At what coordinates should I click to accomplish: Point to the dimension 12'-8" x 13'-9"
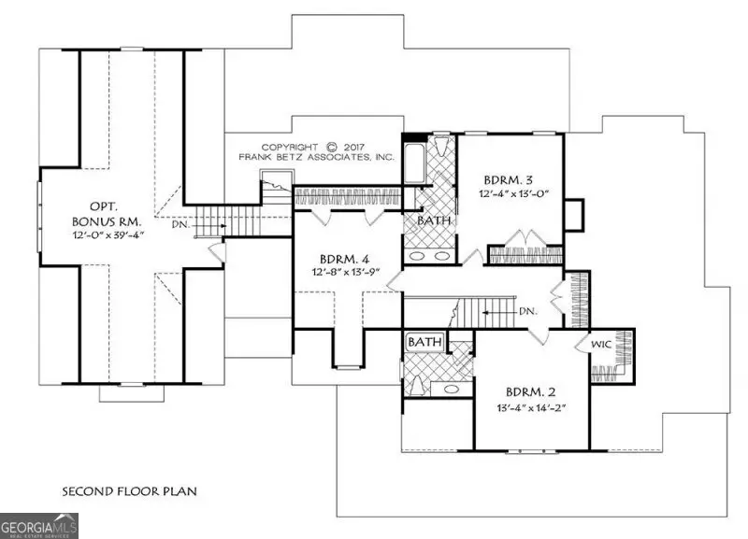point(346,273)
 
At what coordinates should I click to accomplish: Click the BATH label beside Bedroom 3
point(433,221)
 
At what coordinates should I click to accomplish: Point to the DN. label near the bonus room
point(181,224)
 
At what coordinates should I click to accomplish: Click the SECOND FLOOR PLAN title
point(129,490)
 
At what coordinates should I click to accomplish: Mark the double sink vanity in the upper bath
point(429,255)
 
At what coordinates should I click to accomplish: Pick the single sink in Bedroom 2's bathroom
point(451,388)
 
